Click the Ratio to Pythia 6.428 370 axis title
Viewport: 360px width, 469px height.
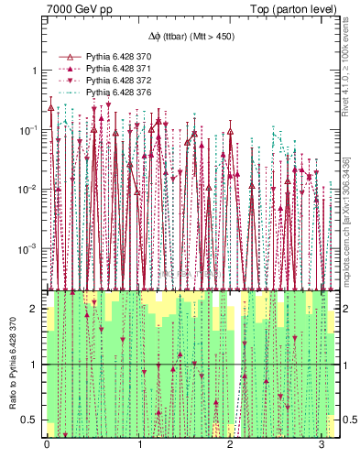(12, 363)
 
